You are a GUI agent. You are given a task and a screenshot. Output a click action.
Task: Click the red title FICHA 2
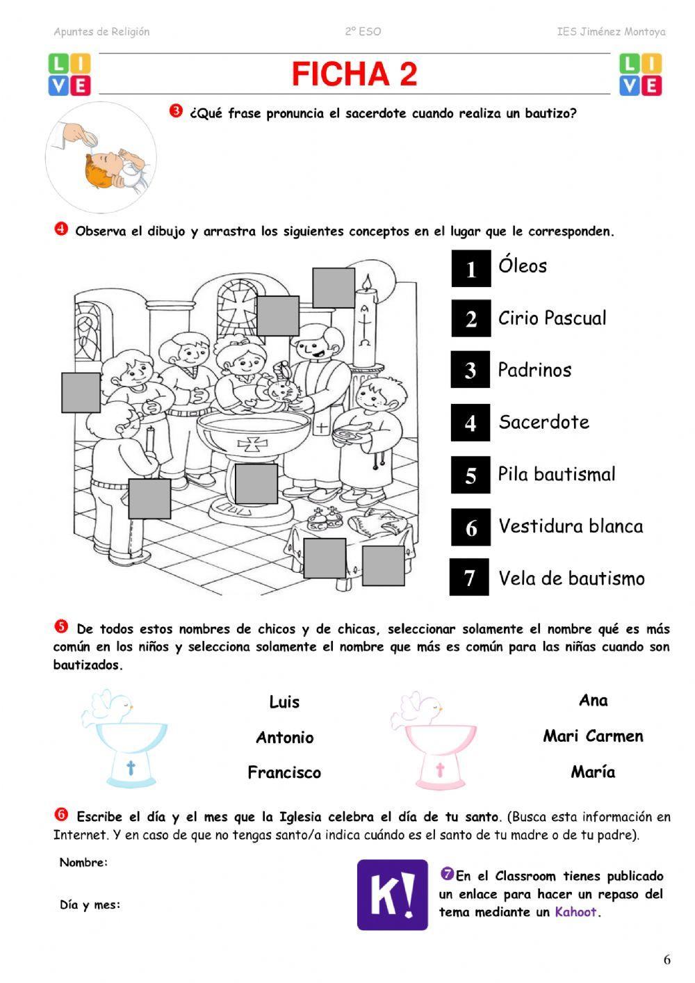[354, 74]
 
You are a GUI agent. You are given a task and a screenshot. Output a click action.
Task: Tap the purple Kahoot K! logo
[392, 895]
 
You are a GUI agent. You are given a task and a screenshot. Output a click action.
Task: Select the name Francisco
[284, 772]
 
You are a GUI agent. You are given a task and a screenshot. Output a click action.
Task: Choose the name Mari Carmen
[593, 736]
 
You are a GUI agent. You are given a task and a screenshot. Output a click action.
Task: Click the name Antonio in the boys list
[284, 738]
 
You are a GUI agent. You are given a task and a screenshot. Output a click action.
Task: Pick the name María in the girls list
[593, 772]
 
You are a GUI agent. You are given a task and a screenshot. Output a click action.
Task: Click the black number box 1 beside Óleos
[471, 268]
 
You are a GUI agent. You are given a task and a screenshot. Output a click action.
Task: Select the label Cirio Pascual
[552, 318]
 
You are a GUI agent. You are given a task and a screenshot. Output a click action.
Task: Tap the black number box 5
[471, 476]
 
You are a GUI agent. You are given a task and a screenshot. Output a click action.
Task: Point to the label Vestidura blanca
[571, 526]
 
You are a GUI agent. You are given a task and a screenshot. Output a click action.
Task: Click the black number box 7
[469, 577]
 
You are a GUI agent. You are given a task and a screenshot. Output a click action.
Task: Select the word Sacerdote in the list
[543, 422]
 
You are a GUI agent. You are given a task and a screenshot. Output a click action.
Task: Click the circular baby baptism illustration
[101, 158]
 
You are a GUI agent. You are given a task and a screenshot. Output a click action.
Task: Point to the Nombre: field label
[83, 863]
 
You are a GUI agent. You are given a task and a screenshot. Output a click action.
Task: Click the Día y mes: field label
[90, 905]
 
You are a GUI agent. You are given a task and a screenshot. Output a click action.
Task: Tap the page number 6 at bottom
[667, 960]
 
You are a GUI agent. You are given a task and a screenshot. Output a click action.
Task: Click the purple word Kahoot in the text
[575, 912]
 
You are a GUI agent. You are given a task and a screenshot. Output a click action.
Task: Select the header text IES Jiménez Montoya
[611, 32]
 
